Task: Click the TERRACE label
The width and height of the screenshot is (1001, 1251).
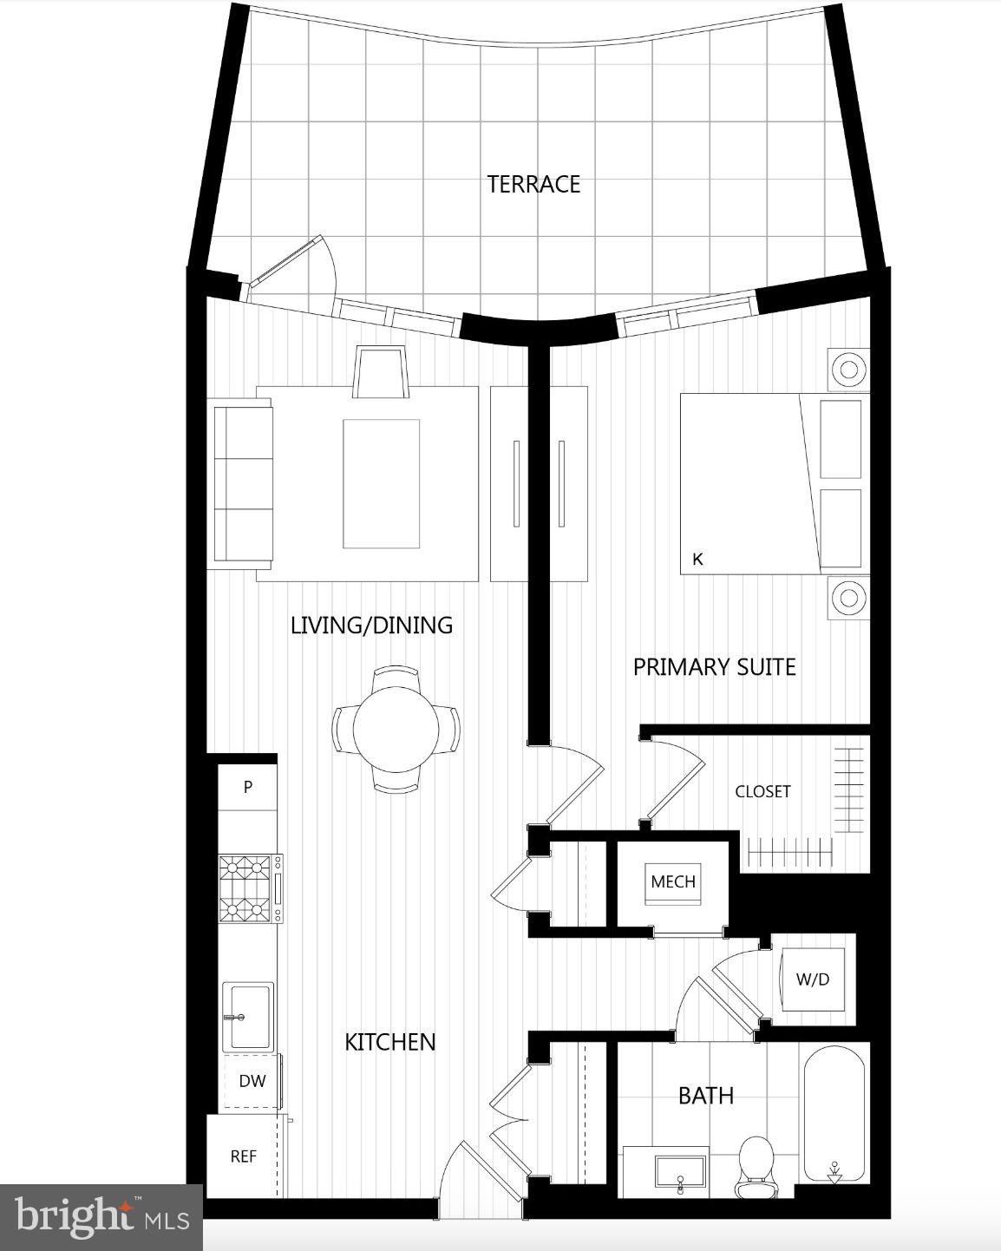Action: click(x=533, y=184)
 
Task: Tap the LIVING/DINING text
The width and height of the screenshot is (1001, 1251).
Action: click(x=371, y=625)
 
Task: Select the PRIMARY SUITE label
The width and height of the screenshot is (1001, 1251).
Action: click(x=714, y=666)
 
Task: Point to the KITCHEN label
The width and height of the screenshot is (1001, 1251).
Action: click(x=389, y=1042)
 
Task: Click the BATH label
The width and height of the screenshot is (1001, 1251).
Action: click(x=705, y=1096)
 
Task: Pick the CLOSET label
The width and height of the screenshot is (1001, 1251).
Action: click(x=762, y=791)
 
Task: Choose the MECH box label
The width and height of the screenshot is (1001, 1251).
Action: click(x=673, y=881)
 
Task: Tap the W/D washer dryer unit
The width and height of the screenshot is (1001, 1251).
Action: click(x=812, y=979)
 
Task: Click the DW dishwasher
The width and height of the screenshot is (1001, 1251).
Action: click(x=252, y=1081)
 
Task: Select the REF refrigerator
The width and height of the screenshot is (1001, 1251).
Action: click(x=243, y=1156)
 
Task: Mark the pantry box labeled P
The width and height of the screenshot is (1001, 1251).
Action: click(x=248, y=787)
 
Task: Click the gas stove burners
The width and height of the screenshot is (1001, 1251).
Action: click(x=245, y=888)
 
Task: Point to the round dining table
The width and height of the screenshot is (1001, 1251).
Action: click(x=397, y=727)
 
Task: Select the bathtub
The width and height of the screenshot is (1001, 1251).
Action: click(x=834, y=1115)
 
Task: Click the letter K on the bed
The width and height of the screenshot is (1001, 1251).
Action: click(x=697, y=560)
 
